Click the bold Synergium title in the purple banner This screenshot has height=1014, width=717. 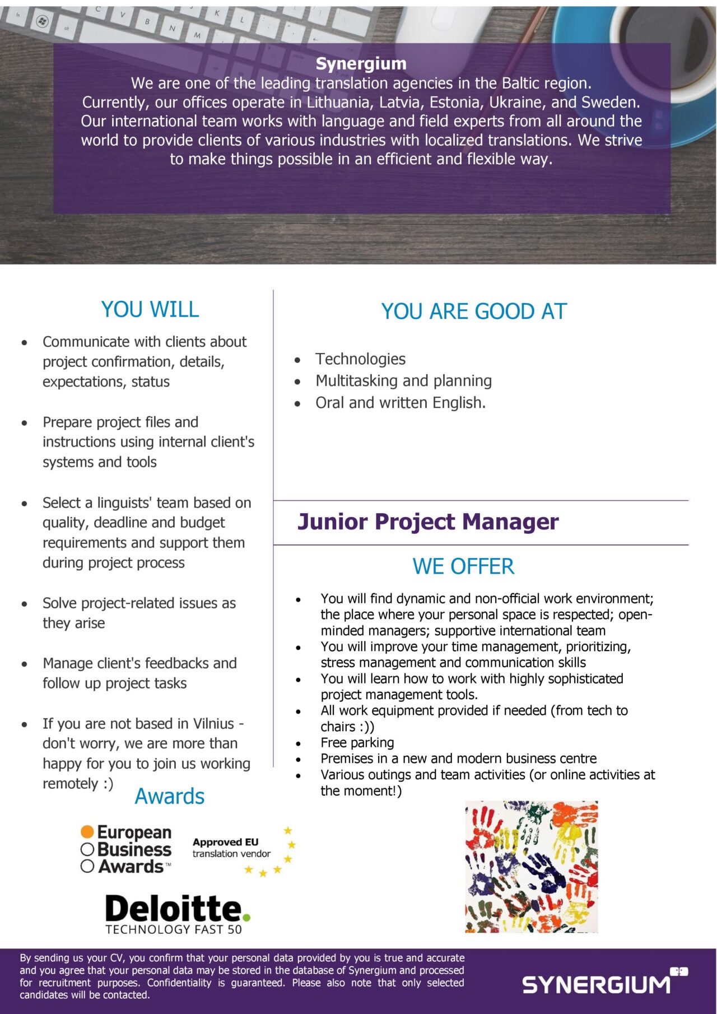pyautogui.click(x=361, y=63)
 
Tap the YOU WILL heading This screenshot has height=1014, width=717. pyautogui.click(x=150, y=309)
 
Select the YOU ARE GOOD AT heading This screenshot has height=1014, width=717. pyautogui.click(x=474, y=311)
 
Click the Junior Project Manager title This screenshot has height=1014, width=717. pyautogui.click(x=427, y=522)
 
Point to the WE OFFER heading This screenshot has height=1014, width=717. pyautogui.click(x=463, y=566)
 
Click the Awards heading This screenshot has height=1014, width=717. pyautogui.click(x=169, y=796)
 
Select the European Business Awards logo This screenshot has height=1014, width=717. pyautogui.click(x=127, y=849)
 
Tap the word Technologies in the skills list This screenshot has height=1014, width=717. pyautogui.click(x=360, y=359)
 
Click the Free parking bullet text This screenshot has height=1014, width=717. pyautogui.click(x=357, y=743)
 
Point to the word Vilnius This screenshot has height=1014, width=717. pyautogui.click(x=213, y=724)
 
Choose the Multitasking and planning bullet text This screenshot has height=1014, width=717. pyautogui.click(x=403, y=381)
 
